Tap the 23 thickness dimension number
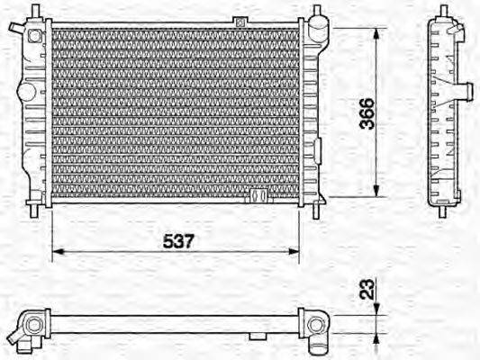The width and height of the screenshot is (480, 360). tap(367, 291)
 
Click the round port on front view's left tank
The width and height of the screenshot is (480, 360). tap(34, 37)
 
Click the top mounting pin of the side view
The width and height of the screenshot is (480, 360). tap(446, 13)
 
